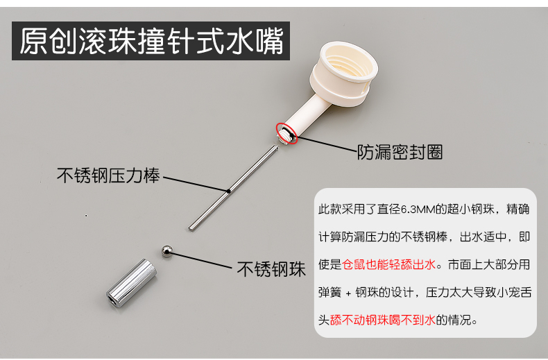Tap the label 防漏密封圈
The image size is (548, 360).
[x=399, y=152]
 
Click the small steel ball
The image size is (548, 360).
[x=166, y=250]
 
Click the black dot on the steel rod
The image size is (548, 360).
[x=228, y=191]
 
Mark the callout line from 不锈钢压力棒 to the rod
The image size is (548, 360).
[x=194, y=184]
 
